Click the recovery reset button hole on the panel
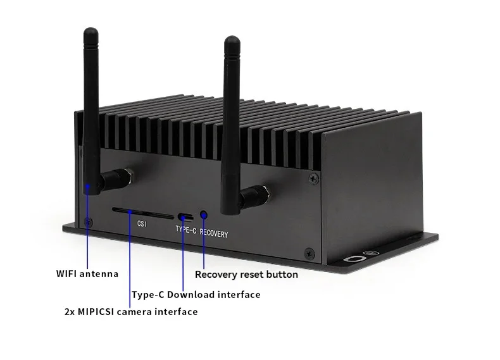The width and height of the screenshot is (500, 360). pos(204,216)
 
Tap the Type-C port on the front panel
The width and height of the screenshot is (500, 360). pos(183,216)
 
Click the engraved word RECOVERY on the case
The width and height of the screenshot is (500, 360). pos(214,233)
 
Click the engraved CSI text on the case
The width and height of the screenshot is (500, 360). pos(142,223)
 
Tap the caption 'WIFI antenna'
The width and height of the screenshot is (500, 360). pos(87,274)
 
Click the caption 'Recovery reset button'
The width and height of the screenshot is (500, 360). pos(246,275)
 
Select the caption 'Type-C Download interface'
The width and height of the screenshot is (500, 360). pos(196,294)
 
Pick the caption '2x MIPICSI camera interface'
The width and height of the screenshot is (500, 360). pos(131,311)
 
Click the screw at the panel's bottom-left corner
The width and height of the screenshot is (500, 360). pos(87,221)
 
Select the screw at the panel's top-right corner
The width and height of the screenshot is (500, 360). pos(313,180)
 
